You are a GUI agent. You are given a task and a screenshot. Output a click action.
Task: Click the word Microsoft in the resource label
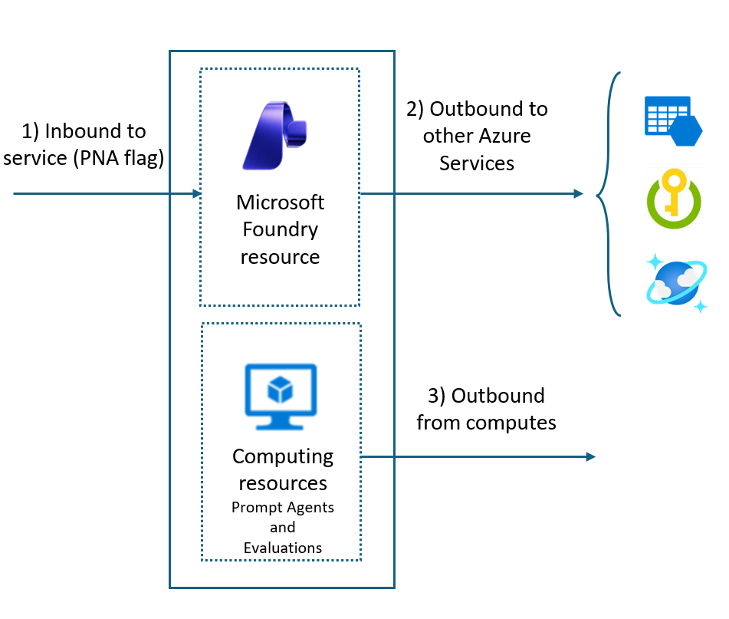(280, 202)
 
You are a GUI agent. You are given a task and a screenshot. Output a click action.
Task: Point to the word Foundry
(280, 229)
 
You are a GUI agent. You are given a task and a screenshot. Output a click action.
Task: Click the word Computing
(283, 456)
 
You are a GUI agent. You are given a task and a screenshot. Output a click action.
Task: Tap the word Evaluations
(283, 548)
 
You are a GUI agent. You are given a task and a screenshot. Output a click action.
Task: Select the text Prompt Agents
(283, 508)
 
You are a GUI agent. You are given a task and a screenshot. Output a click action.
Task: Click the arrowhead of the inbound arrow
(197, 194)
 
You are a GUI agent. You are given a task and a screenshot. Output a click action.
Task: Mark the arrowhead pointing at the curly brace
(579, 194)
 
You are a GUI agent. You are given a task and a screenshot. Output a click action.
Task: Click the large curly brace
(609, 194)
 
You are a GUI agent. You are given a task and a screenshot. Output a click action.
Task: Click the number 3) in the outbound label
(436, 396)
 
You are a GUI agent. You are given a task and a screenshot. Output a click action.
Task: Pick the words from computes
(486, 423)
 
